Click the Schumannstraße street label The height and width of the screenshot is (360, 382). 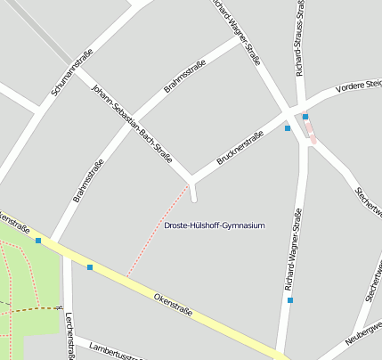pyautogui.click(x=73, y=76)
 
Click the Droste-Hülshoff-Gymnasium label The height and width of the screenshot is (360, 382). pyautogui.click(x=215, y=226)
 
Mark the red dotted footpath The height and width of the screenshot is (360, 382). pyautogui.click(x=158, y=229)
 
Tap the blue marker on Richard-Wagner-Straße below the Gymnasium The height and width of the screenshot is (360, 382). pyautogui.click(x=290, y=300)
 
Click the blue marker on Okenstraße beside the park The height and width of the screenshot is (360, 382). pyautogui.click(x=38, y=240)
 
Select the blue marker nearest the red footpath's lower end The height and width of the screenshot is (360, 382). pyautogui.click(x=90, y=266)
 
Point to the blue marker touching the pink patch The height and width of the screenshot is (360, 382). pyautogui.click(x=305, y=116)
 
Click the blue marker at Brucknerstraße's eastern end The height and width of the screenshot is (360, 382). pyautogui.click(x=288, y=128)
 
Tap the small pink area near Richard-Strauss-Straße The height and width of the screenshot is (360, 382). pyautogui.click(x=310, y=131)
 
